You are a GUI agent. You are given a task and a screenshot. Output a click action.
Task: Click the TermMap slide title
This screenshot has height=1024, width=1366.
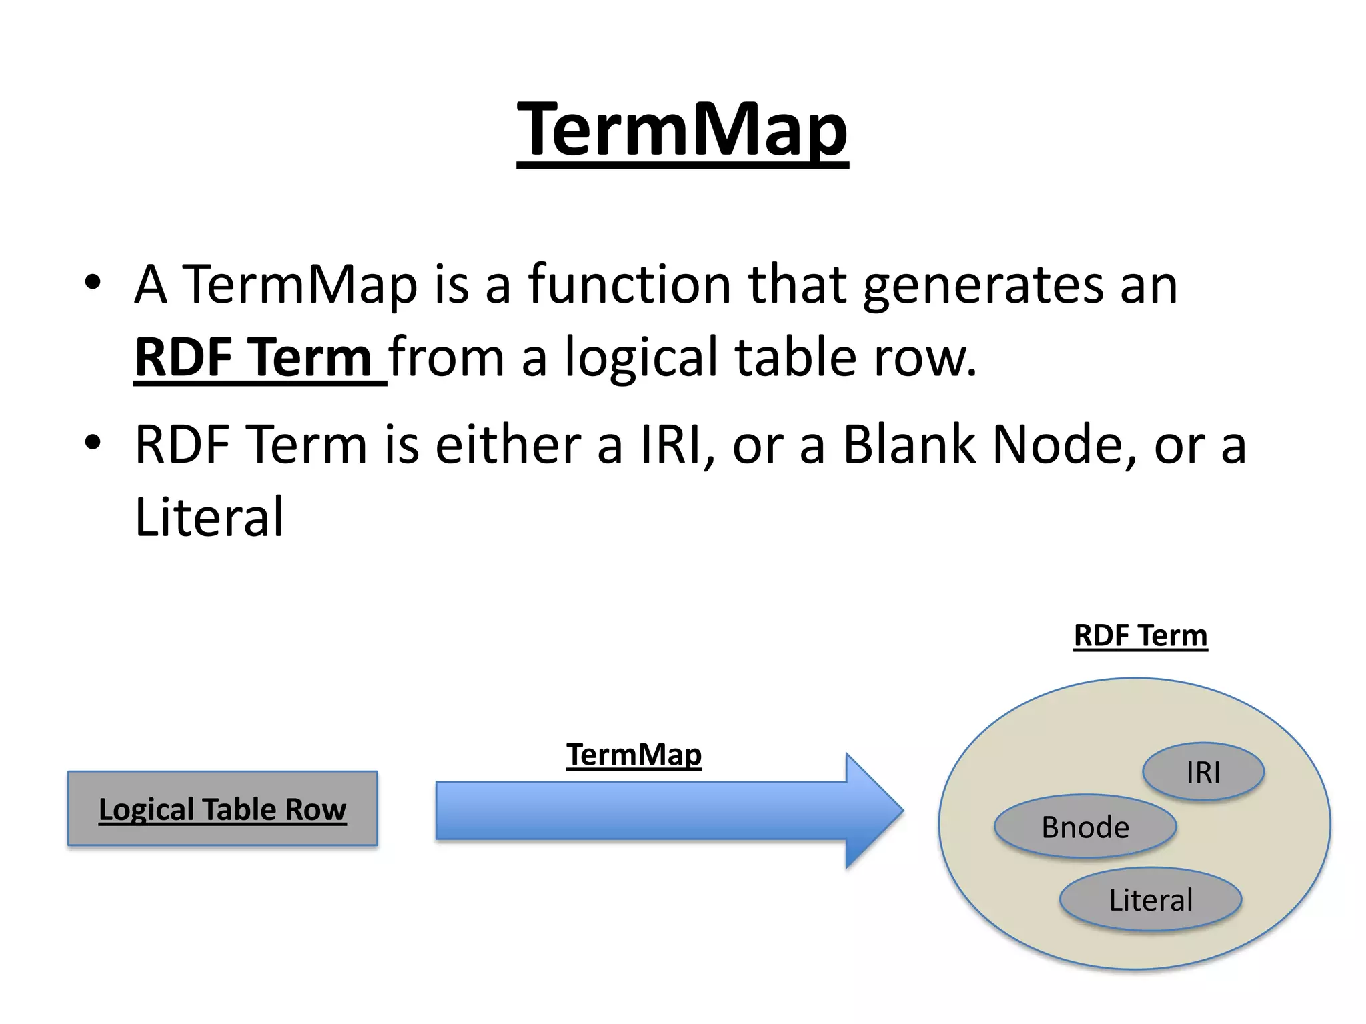pyautogui.click(x=682, y=130)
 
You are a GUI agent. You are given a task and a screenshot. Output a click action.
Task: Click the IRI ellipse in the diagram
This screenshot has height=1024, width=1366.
pyautogui.click(x=1203, y=772)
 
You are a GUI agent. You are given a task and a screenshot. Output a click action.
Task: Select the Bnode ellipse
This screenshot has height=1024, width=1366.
pyautogui.click(x=1085, y=827)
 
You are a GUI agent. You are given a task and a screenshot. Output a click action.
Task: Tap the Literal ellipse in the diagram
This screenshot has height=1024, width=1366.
pyautogui.click(x=1150, y=900)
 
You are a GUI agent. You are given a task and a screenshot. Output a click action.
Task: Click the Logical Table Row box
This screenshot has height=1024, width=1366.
pyautogui.click(x=222, y=809)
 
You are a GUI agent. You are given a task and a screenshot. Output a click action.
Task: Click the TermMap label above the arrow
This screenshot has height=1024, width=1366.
pyautogui.click(x=634, y=755)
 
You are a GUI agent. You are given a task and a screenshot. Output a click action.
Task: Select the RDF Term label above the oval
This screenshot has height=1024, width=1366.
pyautogui.click(x=1140, y=635)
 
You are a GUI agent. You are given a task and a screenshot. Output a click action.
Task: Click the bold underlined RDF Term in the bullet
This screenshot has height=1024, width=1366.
pyautogui.click(x=253, y=358)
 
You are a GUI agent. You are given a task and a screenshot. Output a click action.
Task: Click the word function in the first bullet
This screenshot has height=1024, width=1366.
pyautogui.click(x=630, y=285)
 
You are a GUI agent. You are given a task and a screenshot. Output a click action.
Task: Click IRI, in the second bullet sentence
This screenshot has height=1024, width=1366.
pyautogui.click(x=678, y=445)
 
